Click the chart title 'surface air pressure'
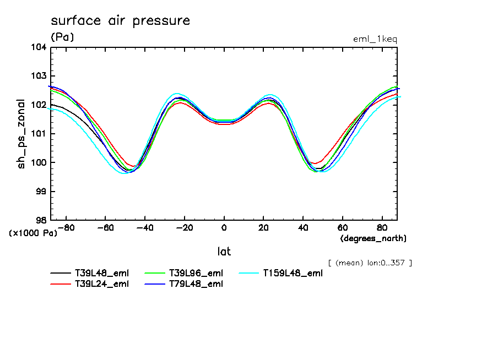point(120,21)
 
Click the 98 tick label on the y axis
point(41,220)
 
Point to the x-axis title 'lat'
point(224,252)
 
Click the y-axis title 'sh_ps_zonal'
point(21,134)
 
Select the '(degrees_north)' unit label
point(373,238)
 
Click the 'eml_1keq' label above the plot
point(375,39)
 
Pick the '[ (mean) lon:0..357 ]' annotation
point(370,263)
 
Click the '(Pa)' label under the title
point(62,37)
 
